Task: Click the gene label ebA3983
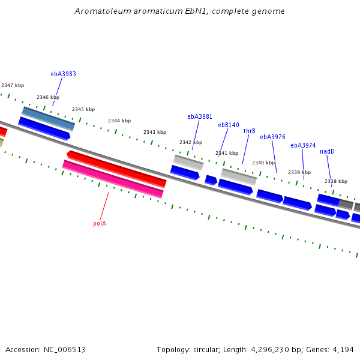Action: coord(63,74)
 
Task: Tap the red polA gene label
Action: coord(100,223)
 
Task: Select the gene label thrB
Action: coord(249,131)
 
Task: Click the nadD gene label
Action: coord(327,151)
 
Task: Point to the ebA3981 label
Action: coord(200,117)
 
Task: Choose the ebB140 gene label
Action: coord(228,125)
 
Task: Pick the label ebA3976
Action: coord(272,137)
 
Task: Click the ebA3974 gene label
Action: coord(303,145)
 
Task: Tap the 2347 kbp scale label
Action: coord(13,86)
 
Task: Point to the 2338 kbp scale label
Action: coord(336,181)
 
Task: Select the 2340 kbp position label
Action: coord(263,163)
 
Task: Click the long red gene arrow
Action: coord(117,169)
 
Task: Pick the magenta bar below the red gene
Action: coord(113,179)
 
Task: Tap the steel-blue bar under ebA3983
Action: coord(48,118)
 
